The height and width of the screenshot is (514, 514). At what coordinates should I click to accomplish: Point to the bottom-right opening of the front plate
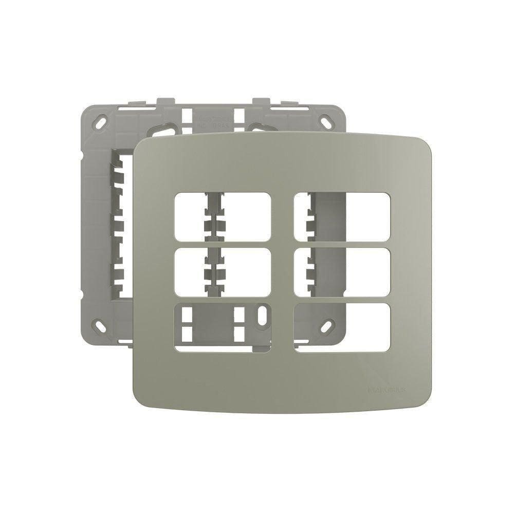[342, 327]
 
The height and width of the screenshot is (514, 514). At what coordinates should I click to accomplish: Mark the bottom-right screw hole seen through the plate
[327, 325]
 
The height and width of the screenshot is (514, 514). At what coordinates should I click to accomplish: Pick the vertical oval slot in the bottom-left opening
[263, 317]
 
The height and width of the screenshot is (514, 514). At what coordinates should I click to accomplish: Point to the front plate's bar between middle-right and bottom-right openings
[342, 300]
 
